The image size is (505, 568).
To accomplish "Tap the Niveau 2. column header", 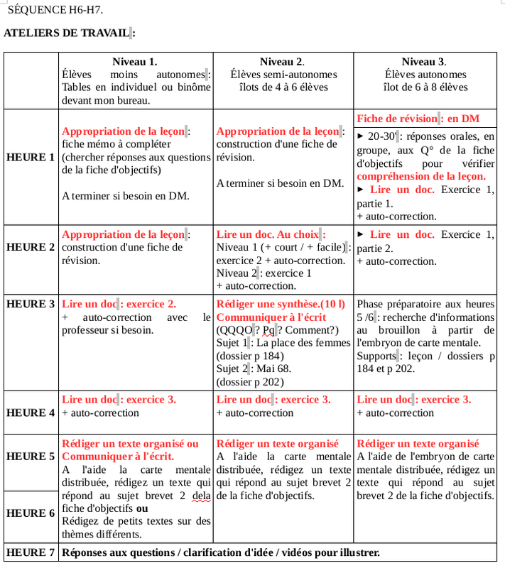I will (x=283, y=62).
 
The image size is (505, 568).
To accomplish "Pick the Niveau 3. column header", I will (x=425, y=62).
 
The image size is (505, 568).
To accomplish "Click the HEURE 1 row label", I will (x=31, y=157).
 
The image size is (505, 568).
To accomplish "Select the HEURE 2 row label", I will (x=31, y=247).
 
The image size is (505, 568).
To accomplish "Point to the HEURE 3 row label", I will (x=31, y=304).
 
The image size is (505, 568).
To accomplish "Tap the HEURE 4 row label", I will (x=31, y=413).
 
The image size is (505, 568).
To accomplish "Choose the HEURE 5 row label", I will (x=31, y=457).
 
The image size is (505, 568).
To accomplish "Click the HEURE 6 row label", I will (x=31, y=513).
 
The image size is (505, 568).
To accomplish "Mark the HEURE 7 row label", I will (x=31, y=552).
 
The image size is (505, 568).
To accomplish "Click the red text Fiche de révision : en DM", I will (x=418, y=119).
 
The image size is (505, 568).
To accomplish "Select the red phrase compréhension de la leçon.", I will (x=421, y=176).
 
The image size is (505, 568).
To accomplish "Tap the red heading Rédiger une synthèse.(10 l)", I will (x=281, y=304).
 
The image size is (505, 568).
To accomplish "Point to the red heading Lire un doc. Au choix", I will (x=271, y=234).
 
